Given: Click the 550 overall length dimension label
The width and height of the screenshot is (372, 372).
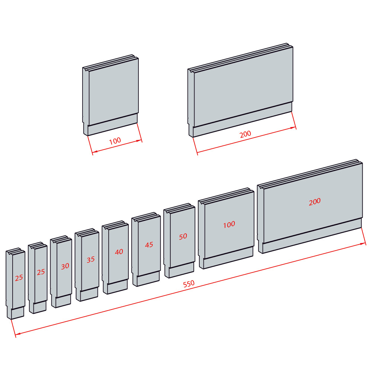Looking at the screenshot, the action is click(189, 283).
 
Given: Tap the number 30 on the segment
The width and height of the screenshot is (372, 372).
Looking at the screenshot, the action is click(65, 266).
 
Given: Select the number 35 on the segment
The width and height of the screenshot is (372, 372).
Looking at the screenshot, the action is click(91, 260).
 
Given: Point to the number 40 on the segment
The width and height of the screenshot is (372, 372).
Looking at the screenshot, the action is click(119, 252).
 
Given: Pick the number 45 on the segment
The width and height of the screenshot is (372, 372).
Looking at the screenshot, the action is click(149, 245).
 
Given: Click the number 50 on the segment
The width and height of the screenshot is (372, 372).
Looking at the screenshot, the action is click(183, 236).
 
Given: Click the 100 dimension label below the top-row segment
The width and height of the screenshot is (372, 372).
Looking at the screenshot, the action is click(115, 141).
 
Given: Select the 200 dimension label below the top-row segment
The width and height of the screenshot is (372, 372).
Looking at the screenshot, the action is click(245, 134).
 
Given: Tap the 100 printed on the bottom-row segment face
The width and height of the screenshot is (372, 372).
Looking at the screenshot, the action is click(229, 224).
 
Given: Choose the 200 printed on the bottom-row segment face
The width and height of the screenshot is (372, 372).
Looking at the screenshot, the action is click(315, 202).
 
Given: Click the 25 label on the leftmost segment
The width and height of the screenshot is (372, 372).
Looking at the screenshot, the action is click(19, 278).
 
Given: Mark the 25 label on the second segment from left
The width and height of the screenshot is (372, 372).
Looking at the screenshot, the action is click(41, 272).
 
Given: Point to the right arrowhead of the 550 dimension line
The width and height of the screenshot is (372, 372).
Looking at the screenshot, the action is click(363, 244).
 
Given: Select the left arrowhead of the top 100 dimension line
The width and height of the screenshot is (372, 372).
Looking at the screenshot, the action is click(94, 151).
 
